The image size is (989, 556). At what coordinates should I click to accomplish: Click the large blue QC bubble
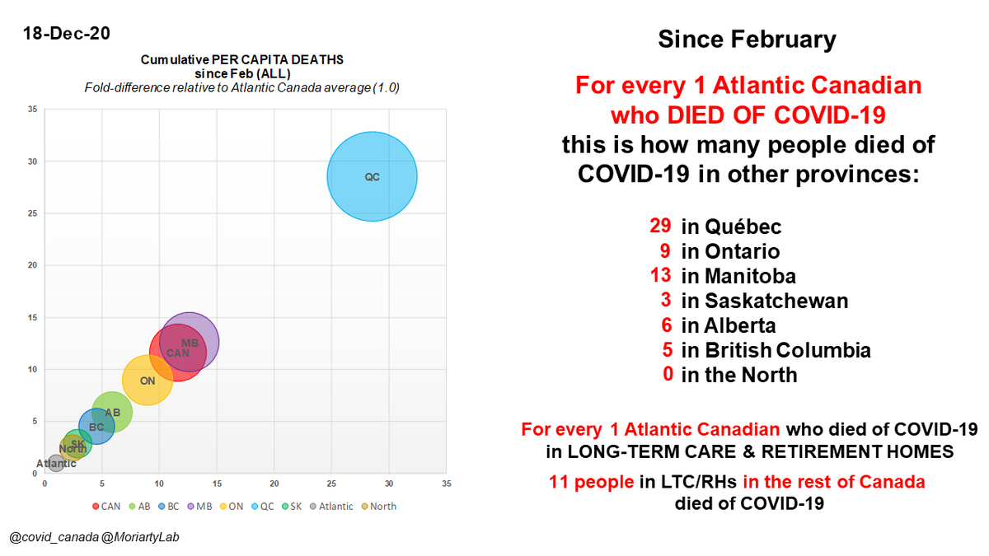[372, 175]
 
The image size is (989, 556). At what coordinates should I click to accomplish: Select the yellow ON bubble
[148, 380]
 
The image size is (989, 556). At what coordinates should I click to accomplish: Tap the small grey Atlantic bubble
[56, 463]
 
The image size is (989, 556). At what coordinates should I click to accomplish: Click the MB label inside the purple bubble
[190, 343]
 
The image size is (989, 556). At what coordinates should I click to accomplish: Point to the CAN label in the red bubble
[178, 353]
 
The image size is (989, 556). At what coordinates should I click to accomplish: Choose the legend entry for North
[378, 506]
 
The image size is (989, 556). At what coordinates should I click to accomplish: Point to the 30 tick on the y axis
[33, 161]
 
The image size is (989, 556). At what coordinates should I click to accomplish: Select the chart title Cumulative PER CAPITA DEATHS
[241, 60]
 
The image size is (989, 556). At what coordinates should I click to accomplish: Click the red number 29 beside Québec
[660, 226]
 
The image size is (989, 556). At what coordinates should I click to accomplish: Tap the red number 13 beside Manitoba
[660, 275]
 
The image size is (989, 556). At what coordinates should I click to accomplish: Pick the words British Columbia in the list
[787, 350]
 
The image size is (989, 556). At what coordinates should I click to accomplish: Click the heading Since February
[747, 39]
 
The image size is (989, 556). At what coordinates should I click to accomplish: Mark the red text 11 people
[590, 482]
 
